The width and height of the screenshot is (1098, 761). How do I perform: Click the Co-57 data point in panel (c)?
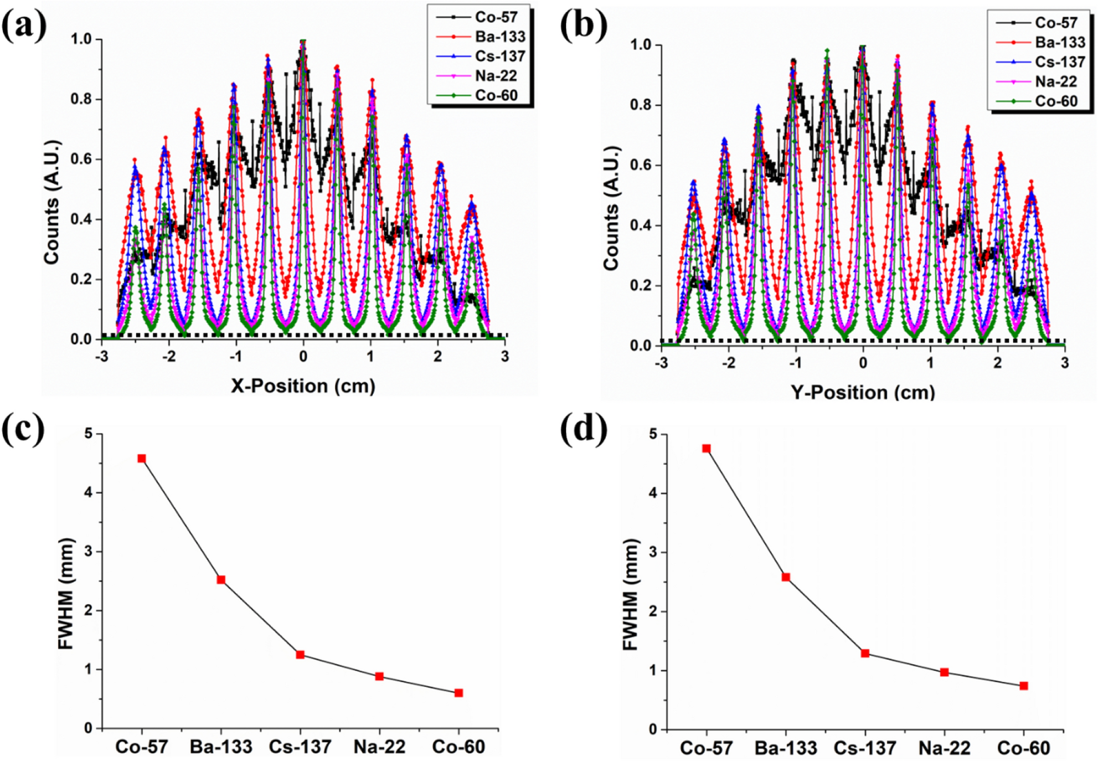pyautogui.click(x=142, y=459)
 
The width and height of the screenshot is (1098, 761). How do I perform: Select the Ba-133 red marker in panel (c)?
pyautogui.click(x=221, y=580)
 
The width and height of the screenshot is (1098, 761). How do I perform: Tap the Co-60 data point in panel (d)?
pyautogui.click(x=1024, y=686)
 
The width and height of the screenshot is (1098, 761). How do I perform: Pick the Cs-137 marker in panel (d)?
pyautogui.click(x=865, y=654)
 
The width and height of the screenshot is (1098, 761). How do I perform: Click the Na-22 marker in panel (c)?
pyautogui.click(x=379, y=676)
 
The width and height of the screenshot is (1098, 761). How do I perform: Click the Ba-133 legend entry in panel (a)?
pyautogui.click(x=499, y=37)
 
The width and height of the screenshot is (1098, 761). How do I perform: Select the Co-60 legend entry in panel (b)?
pyautogui.click(x=1056, y=101)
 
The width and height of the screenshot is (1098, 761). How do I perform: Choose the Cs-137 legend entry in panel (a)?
pyautogui.click(x=499, y=56)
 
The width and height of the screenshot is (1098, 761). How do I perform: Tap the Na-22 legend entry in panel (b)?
pyautogui.click(x=1056, y=82)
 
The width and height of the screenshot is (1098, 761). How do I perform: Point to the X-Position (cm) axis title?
pyautogui.click(x=303, y=386)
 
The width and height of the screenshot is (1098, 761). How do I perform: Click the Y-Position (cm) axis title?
pyautogui.click(x=863, y=392)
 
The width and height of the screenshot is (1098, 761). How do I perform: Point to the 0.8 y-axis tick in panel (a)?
pyautogui.click(x=81, y=100)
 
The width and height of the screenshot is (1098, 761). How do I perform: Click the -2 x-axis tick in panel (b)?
pyautogui.click(x=729, y=363)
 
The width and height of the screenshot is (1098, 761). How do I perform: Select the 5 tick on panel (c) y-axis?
pyautogui.click(x=89, y=434)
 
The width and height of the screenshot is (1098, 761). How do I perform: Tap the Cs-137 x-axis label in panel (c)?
pyautogui.click(x=300, y=747)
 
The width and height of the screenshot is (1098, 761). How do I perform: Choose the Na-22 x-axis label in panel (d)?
pyautogui.click(x=944, y=748)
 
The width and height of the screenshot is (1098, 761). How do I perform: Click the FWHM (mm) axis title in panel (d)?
pyautogui.click(x=631, y=594)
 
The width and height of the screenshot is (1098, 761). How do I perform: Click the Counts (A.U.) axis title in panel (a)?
pyautogui.click(x=51, y=202)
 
